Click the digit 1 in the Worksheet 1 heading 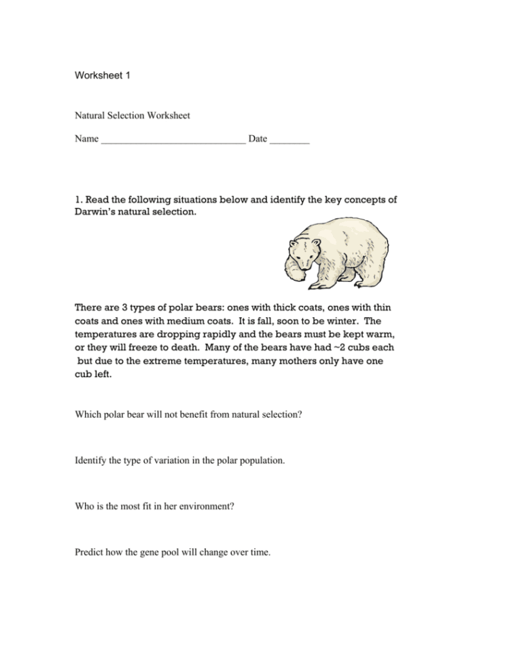pyautogui.click(x=126, y=75)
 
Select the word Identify pyautogui.click(x=92, y=460)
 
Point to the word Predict pyautogui.click(x=91, y=552)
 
